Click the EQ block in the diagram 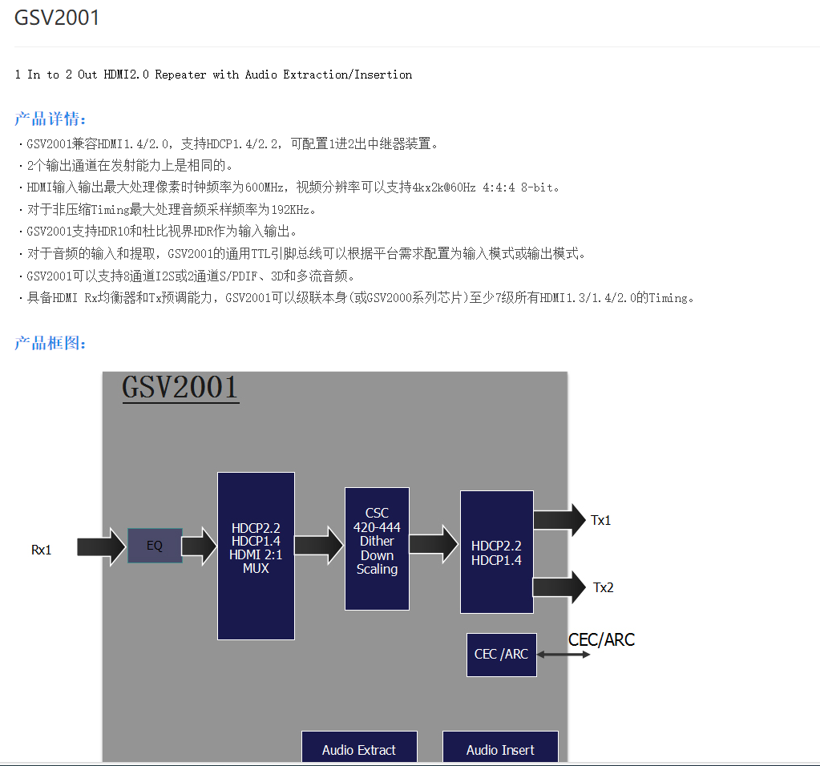[x=155, y=546]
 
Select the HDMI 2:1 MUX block [x=256, y=555]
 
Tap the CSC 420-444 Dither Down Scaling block [x=377, y=549]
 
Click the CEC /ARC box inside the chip [x=501, y=654]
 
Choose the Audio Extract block [x=359, y=748]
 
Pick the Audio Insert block [x=500, y=748]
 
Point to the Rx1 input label [x=41, y=550]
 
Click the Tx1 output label [x=601, y=520]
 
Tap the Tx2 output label [x=604, y=587]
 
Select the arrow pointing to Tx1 [x=559, y=520]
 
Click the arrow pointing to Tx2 [x=559, y=587]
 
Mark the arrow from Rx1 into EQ [x=102, y=546]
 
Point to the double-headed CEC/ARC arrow [x=563, y=655]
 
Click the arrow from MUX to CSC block [x=318, y=545]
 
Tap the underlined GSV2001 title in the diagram [x=180, y=388]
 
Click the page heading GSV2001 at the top [x=57, y=18]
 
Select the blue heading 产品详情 [x=50, y=119]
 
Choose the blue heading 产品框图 [x=50, y=344]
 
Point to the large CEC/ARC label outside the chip [x=601, y=639]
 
